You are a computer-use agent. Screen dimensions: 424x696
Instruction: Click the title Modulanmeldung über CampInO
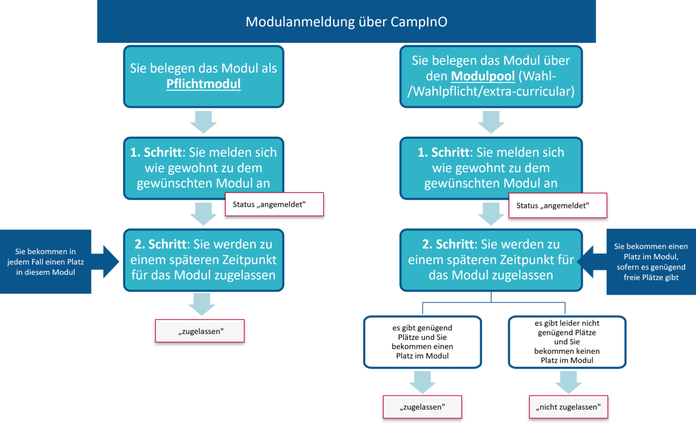click(x=346, y=22)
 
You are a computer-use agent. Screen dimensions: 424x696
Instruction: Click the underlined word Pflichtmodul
click(x=203, y=85)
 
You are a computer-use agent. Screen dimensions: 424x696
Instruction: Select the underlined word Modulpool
click(x=483, y=75)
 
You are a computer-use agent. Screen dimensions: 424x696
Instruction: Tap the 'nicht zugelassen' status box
click(x=568, y=407)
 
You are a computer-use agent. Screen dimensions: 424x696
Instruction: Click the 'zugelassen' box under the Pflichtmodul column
click(x=199, y=331)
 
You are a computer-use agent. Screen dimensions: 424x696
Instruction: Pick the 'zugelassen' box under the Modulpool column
click(x=422, y=407)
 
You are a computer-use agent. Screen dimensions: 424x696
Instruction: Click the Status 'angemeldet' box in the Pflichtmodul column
click(x=274, y=204)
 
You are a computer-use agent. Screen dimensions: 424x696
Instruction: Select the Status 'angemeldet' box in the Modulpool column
click(x=557, y=206)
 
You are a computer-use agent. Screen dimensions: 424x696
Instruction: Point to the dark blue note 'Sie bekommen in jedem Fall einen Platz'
click(x=46, y=261)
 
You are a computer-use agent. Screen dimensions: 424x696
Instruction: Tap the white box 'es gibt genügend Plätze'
click(x=422, y=342)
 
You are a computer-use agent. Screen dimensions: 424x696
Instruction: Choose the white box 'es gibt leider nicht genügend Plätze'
click(x=567, y=342)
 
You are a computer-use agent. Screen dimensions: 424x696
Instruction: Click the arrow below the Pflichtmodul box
click(x=203, y=122)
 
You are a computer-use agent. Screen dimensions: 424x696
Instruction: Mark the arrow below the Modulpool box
click(x=491, y=122)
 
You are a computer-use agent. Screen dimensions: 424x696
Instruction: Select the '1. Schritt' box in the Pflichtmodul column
click(x=203, y=167)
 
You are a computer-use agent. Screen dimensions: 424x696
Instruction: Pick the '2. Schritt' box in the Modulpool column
click(x=491, y=259)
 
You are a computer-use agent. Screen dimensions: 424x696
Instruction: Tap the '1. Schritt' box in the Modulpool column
click(x=491, y=167)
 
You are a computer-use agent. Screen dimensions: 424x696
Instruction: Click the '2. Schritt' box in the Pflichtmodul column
click(x=203, y=259)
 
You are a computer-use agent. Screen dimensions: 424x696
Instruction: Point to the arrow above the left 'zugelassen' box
click(x=202, y=304)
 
